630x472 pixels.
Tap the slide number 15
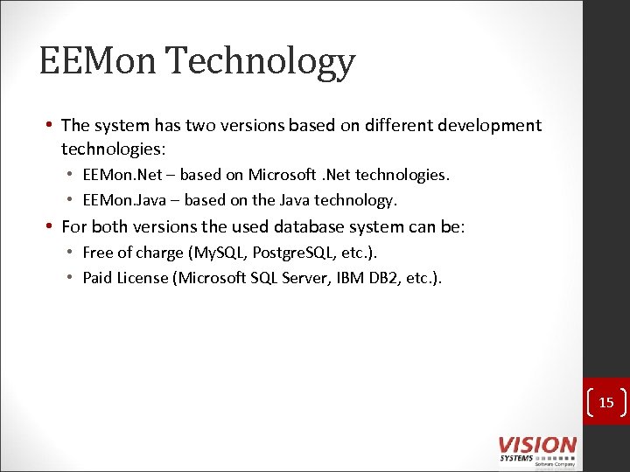click(x=606, y=403)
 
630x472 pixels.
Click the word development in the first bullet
click(x=490, y=126)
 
